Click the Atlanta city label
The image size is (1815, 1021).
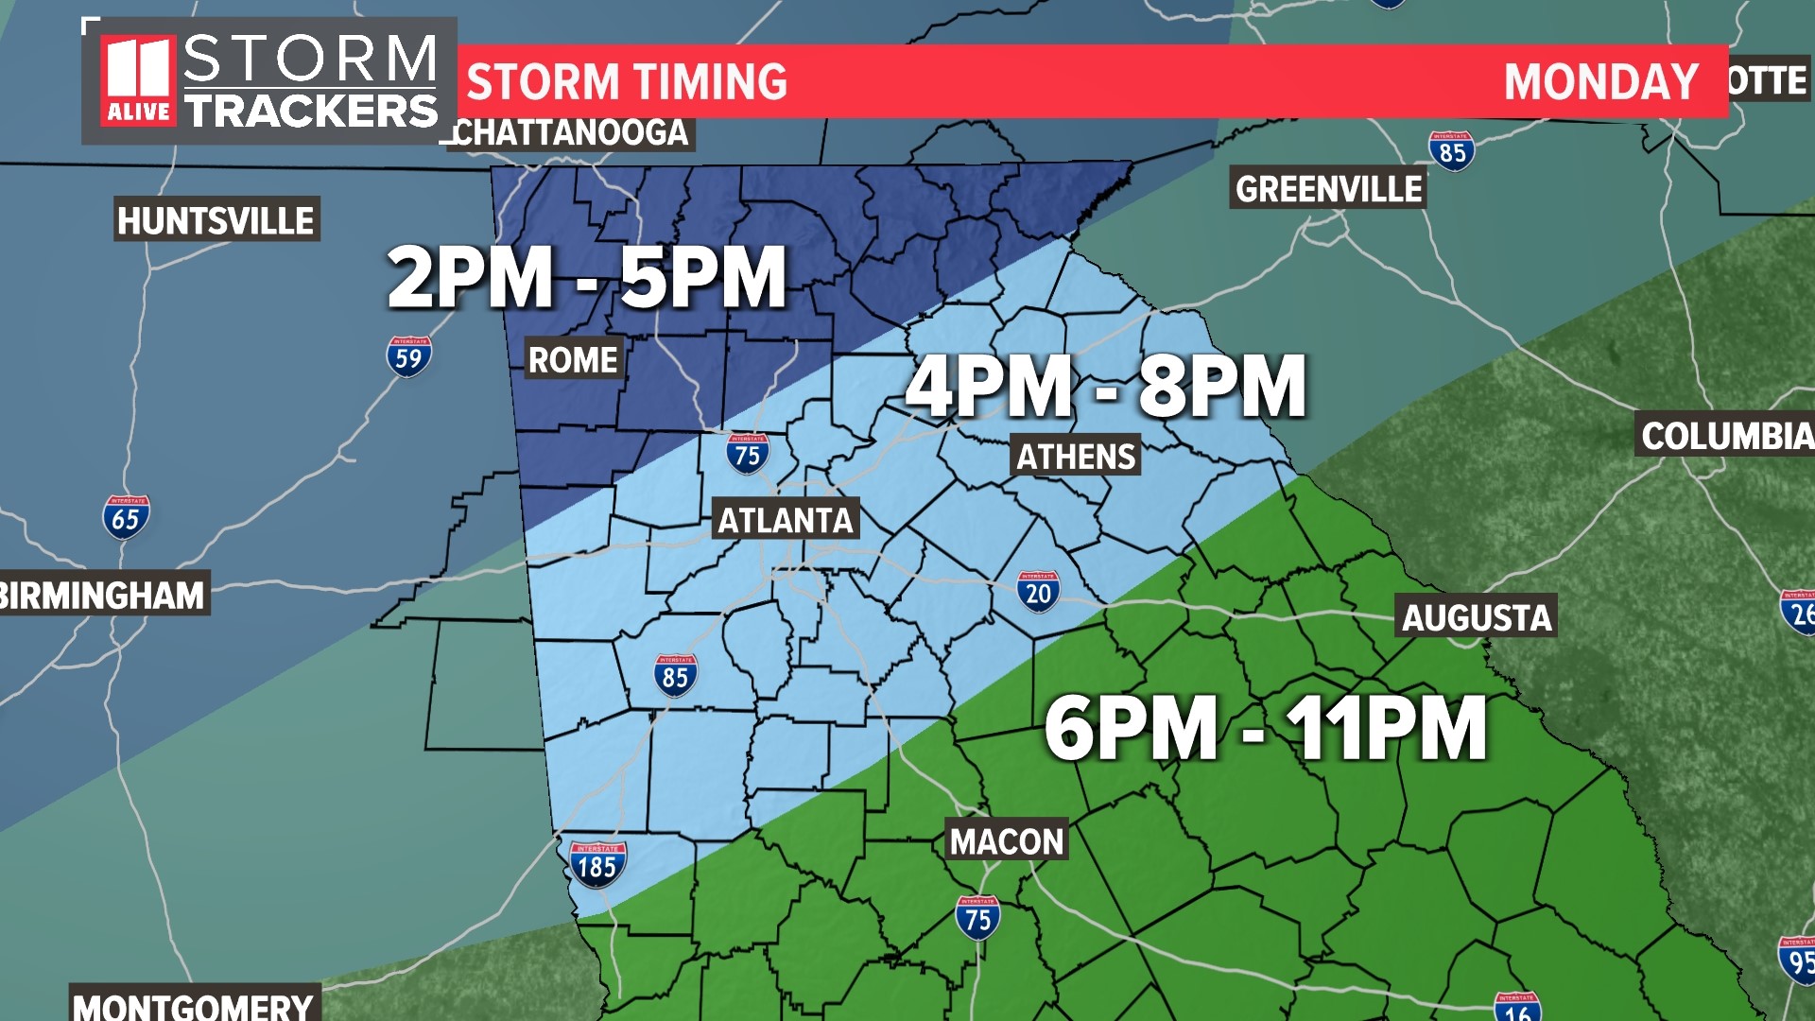tap(785, 520)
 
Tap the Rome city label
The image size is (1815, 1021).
tap(573, 359)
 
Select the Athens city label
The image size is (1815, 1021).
tap(1076, 457)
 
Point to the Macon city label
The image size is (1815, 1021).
tap(1007, 840)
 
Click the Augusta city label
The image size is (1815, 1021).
tap(1477, 617)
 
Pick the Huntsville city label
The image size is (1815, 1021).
tap(216, 220)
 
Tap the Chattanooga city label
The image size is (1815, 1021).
tap(571, 132)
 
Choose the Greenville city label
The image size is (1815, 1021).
tap(1328, 189)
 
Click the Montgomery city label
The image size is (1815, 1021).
tap(194, 1005)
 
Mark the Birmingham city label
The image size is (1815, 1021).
tap(102, 595)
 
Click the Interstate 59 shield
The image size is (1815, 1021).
tap(408, 356)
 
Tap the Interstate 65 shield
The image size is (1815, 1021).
tap(126, 517)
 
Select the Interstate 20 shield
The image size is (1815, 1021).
tap(1038, 592)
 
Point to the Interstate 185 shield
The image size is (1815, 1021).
tap(596, 864)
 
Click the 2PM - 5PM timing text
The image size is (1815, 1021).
tap(587, 277)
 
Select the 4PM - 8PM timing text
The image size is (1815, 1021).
tap(1106, 386)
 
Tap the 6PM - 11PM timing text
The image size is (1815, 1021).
tap(1266, 727)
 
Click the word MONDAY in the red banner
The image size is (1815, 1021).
tap(1600, 81)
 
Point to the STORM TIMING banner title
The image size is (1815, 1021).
tap(627, 81)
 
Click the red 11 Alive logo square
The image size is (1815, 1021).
tap(138, 81)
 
